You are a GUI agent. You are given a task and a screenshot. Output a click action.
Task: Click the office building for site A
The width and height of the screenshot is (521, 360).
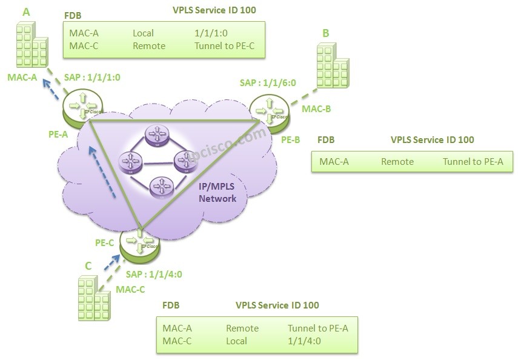point(31,45)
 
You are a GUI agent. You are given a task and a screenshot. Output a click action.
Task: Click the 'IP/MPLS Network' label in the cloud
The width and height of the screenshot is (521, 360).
point(217,193)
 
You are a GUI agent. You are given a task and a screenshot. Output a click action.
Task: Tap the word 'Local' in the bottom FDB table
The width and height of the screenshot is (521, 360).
point(236,341)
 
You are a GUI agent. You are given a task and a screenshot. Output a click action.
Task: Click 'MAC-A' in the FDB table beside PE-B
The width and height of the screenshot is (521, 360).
point(334,162)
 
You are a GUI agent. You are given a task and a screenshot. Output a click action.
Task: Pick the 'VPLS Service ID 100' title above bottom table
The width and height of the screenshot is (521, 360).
point(277,305)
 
